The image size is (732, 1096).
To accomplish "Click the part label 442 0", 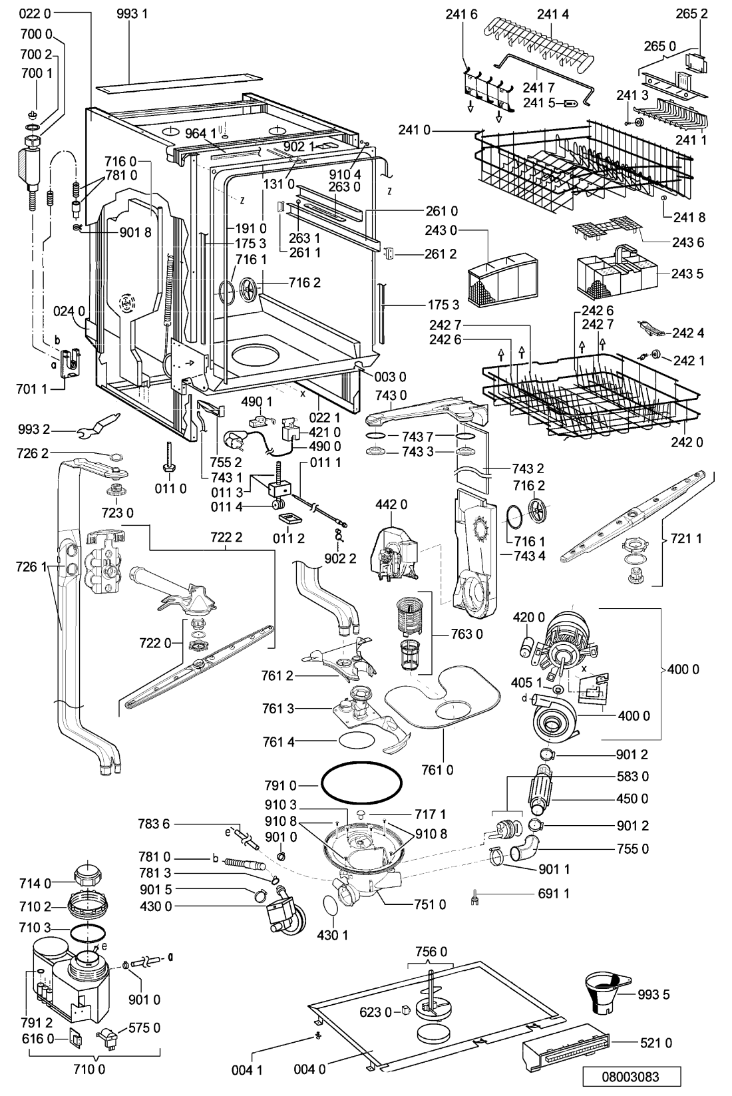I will pos(392,505).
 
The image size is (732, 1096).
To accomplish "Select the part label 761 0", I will pos(437,770).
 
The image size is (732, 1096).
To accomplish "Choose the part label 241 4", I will pos(555,13).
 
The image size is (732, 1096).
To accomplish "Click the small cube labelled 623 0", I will pos(404,1011).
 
